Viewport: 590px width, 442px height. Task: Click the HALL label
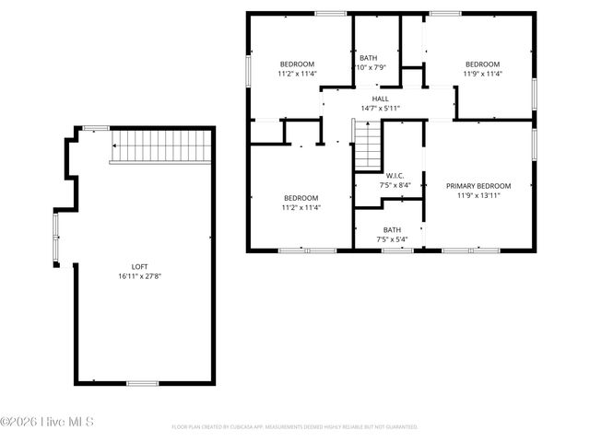coord(380,99)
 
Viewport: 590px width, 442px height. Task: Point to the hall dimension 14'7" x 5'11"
coord(380,109)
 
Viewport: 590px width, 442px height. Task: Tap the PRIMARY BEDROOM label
coord(478,185)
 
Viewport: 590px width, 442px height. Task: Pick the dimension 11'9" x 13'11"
coord(478,195)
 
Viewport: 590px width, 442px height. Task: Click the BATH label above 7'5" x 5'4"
coord(392,230)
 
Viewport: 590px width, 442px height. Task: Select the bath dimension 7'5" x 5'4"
coord(392,239)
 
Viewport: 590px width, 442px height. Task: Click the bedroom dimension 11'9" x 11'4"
coord(480,74)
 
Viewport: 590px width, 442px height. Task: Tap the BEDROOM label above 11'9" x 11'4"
coord(480,64)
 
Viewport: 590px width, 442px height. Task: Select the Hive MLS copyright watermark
coord(48,423)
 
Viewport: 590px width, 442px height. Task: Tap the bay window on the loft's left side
coord(55,238)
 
